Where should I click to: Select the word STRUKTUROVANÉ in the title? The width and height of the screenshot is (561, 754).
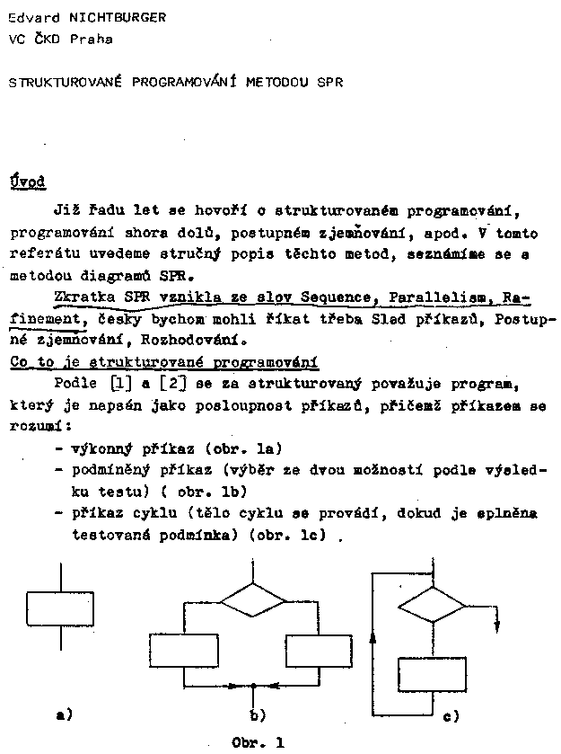pos(66,82)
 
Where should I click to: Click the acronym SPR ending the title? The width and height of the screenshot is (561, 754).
pos(330,82)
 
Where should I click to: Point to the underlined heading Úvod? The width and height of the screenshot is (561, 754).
pos(28,181)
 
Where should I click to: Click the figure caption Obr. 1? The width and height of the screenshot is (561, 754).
pos(258,742)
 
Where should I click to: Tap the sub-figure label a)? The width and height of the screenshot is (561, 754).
pos(64,715)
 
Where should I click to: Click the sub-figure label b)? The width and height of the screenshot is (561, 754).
pos(258,716)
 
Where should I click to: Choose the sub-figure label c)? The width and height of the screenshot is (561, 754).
pos(451,716)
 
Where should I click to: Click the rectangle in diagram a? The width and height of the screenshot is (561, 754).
pos(60,609)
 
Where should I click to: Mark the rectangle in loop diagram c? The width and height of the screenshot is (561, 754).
pos(432,673)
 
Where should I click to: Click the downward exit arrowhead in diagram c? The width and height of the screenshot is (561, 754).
pos(496,626)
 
